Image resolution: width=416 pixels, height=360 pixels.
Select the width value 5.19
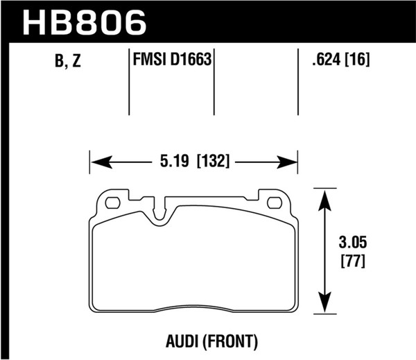click(173, 162)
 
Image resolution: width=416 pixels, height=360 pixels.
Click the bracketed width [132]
click(213, 162)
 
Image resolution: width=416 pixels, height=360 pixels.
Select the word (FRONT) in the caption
click(230, 341)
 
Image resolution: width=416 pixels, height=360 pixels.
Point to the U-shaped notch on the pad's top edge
click(162, 211)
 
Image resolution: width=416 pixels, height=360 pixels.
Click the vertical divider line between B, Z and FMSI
click(130, 83)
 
